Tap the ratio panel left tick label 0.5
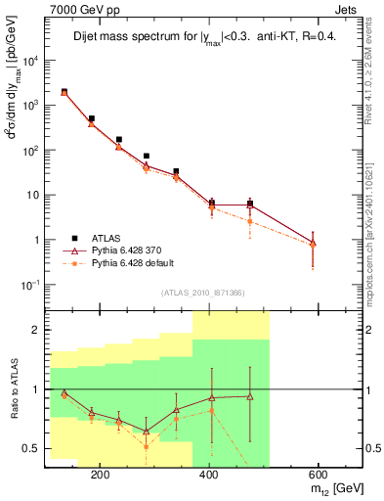(31, 448)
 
